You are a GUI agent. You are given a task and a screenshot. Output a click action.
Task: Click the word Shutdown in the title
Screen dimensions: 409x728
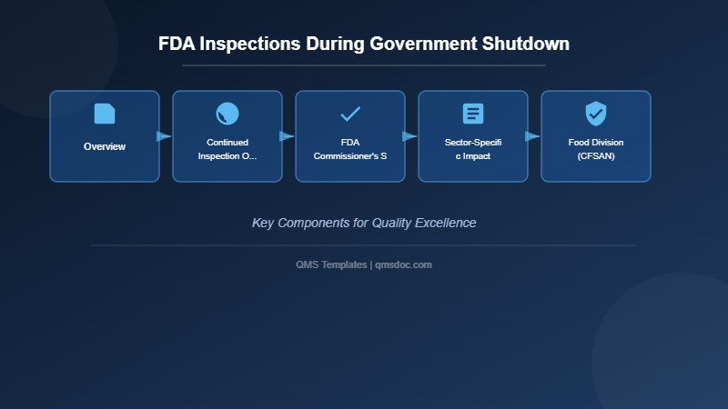tap(526, 44)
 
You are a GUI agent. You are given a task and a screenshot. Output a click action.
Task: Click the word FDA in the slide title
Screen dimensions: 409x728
tap(177, 44)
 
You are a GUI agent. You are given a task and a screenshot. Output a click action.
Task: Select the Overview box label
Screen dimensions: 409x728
tap(105, 146)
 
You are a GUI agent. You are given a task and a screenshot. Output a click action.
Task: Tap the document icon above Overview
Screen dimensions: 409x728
tap(105, 114)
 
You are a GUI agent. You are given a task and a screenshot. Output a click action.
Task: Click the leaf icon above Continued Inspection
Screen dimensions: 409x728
tap(227, 114)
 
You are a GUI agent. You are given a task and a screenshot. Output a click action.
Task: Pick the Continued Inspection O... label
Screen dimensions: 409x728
tap(227, 149)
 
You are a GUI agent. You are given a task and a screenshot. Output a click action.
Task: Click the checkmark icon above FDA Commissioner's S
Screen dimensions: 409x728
tap(350, 114)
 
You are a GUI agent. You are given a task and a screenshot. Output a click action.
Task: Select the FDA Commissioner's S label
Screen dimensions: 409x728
tap(350, 149)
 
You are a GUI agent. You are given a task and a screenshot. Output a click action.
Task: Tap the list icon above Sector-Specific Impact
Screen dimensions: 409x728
tap(473, 114)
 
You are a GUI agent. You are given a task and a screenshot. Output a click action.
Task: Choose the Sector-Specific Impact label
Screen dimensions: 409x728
tap(473, 149)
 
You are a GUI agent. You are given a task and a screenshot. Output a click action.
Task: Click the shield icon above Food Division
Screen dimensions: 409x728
tap(596, 114)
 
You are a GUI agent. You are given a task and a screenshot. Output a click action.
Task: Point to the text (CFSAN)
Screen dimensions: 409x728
tap(596, 156)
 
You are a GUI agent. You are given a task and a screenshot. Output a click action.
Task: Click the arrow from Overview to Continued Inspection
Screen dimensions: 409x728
tap(164, 136)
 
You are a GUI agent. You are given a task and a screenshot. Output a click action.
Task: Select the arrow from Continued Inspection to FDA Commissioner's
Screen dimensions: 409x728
tap(287, 136)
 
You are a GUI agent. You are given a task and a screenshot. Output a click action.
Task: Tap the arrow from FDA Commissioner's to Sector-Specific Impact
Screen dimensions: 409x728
tap(409, 136)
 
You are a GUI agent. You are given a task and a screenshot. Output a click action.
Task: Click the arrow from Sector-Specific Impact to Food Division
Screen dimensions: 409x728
tap(532, 136)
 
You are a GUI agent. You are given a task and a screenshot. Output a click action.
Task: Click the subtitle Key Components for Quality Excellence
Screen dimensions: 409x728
tap(364, 223)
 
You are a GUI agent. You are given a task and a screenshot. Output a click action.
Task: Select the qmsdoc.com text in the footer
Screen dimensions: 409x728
tap(403, 264)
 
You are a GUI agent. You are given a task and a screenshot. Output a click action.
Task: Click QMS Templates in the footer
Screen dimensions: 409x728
tap(331, 264)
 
